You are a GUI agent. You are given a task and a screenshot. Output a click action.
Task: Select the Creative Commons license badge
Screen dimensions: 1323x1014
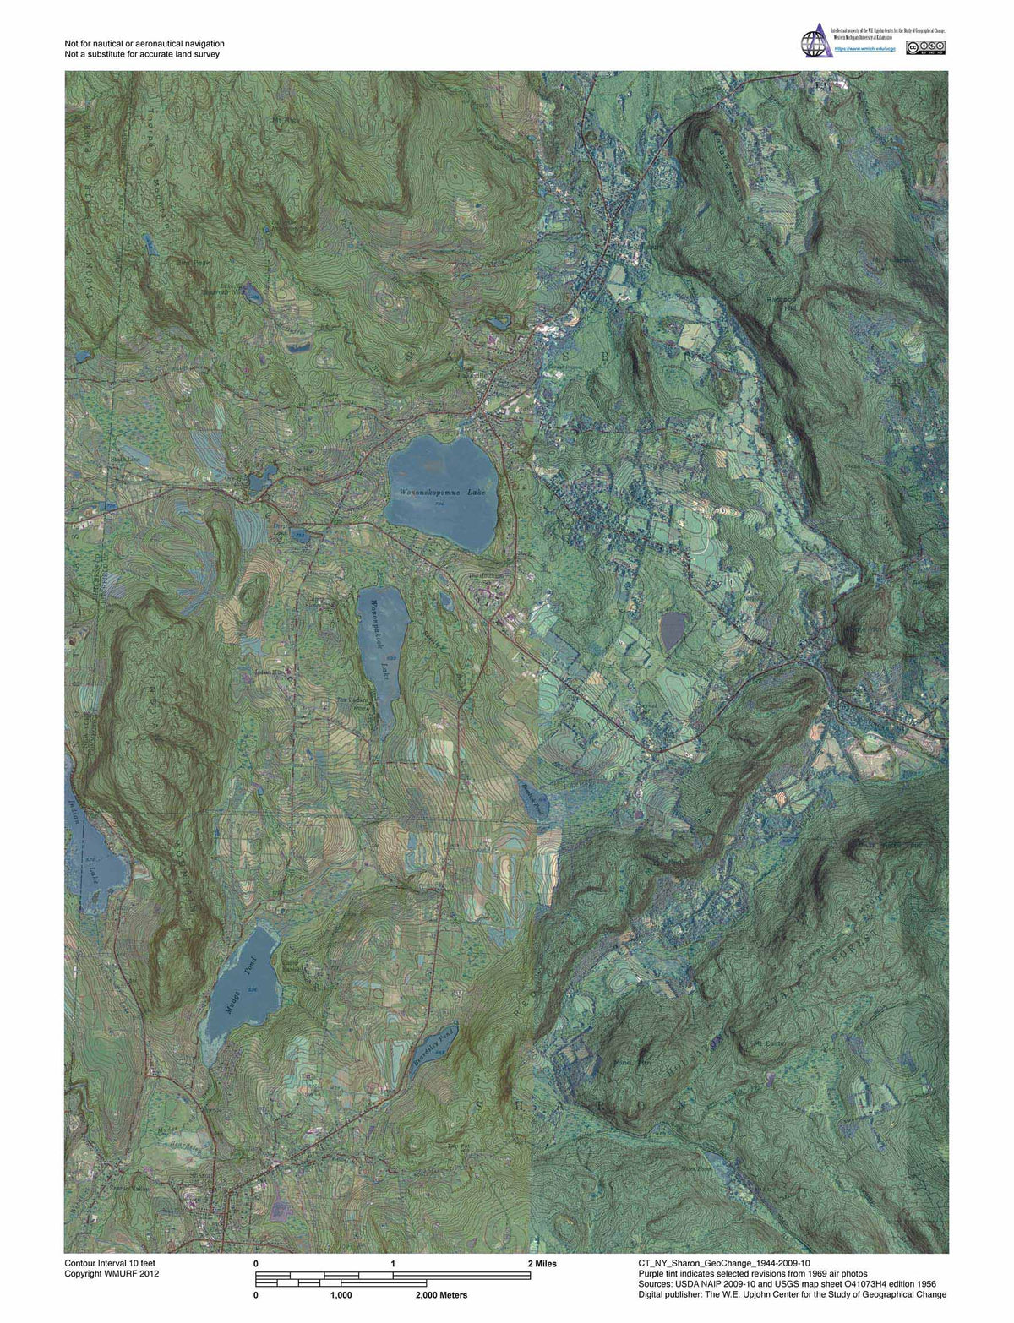click(x=925, y=48)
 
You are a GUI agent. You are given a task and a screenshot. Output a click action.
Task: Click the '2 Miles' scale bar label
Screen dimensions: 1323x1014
click(x=541, y=1264)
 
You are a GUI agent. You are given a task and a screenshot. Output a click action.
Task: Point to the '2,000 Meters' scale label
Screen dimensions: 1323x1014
click(x=441, y=1294)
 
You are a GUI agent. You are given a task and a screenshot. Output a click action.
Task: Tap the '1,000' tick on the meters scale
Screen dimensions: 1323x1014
click(x=341, y=1294)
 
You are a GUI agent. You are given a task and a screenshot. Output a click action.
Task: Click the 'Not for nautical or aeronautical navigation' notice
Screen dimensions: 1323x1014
click(x=144, y=43)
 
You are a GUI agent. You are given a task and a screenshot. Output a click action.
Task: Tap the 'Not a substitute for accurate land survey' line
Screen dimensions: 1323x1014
click(x=142, y=54)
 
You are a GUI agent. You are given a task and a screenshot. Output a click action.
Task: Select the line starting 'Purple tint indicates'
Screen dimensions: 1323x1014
click(x=753, y=1273)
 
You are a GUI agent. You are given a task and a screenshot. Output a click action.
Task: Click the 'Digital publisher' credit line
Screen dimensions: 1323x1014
click(x=793, y=1294)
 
